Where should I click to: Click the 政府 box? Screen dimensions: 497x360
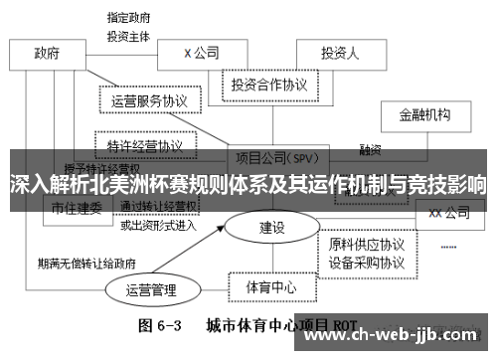(x=47, y=54)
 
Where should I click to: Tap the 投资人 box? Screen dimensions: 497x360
(x=340, y=53)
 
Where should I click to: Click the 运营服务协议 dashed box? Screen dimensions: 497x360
(x=150, y=100)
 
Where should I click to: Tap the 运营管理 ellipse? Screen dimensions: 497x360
(x=151, y=290)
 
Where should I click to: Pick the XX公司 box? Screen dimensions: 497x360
(x=448, y=212)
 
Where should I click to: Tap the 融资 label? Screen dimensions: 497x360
(x=371, y=151)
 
